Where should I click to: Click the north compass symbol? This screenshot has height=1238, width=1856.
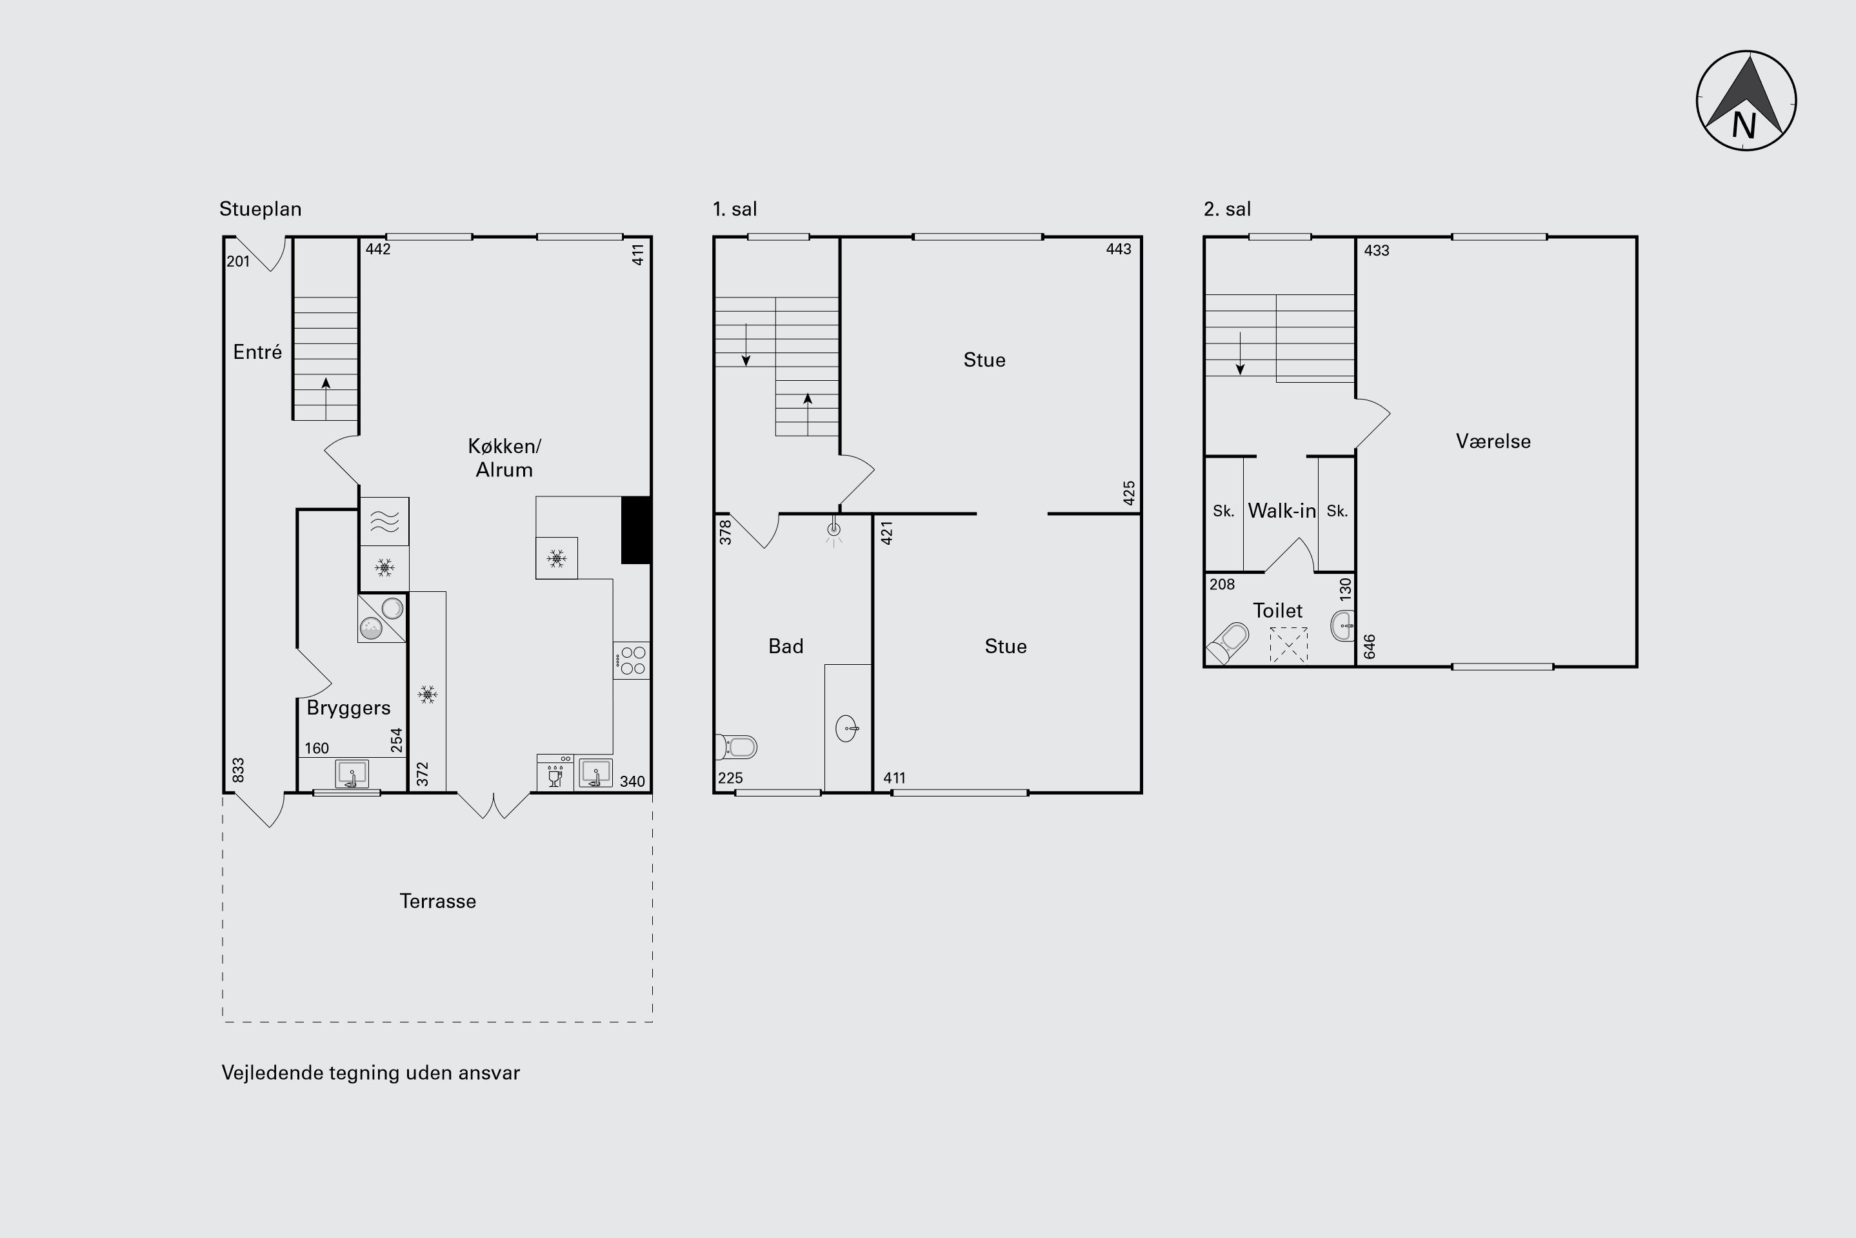[x=1746, y=100]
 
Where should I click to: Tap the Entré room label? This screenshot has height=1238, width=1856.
[x=257, y=352]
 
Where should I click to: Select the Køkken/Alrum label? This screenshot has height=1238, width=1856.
[x=504, y=458]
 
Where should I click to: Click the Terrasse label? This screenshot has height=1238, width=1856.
[x=438, y=902]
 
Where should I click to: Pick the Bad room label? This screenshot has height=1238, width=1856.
[x=786, y=647]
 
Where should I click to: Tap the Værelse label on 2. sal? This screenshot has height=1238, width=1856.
[x=1493, y=441]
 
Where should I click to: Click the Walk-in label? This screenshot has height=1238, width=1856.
[x=1281, y=511]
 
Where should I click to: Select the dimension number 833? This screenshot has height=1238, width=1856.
[x=238, y=771]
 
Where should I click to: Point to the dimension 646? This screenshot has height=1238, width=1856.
[x=1370, y=647]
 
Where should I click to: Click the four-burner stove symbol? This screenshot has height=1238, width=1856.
[x=632, y=661]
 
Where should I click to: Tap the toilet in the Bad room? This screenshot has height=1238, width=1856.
[x=735, y=746]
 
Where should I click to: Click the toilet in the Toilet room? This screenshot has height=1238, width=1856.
[x=1228, y=643]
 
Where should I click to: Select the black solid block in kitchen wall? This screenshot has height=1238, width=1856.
[x=635, y=530]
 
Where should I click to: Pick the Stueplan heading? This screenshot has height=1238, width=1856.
[x=261, y=209]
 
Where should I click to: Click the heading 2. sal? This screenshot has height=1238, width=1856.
[x=1227, y=209]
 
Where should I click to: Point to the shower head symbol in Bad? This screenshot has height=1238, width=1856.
[x=833, y=531]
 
